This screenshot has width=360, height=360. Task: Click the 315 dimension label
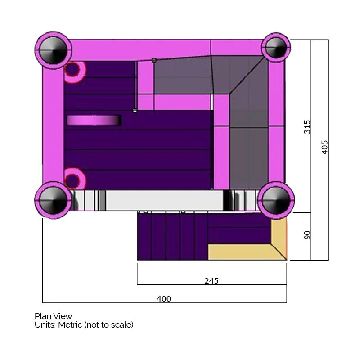point(307,126)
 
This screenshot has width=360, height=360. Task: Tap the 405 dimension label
point(324,147)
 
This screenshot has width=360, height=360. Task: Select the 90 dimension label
point(307,235)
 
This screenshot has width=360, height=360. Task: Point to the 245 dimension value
point(211,281)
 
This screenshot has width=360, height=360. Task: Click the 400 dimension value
point(164,299)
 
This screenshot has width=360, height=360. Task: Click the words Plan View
point(53,316)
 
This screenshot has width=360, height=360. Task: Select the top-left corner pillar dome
point(53,50)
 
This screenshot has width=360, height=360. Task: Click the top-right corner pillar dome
point(276,48)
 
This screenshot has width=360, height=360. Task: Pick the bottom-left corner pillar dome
point(53,200)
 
